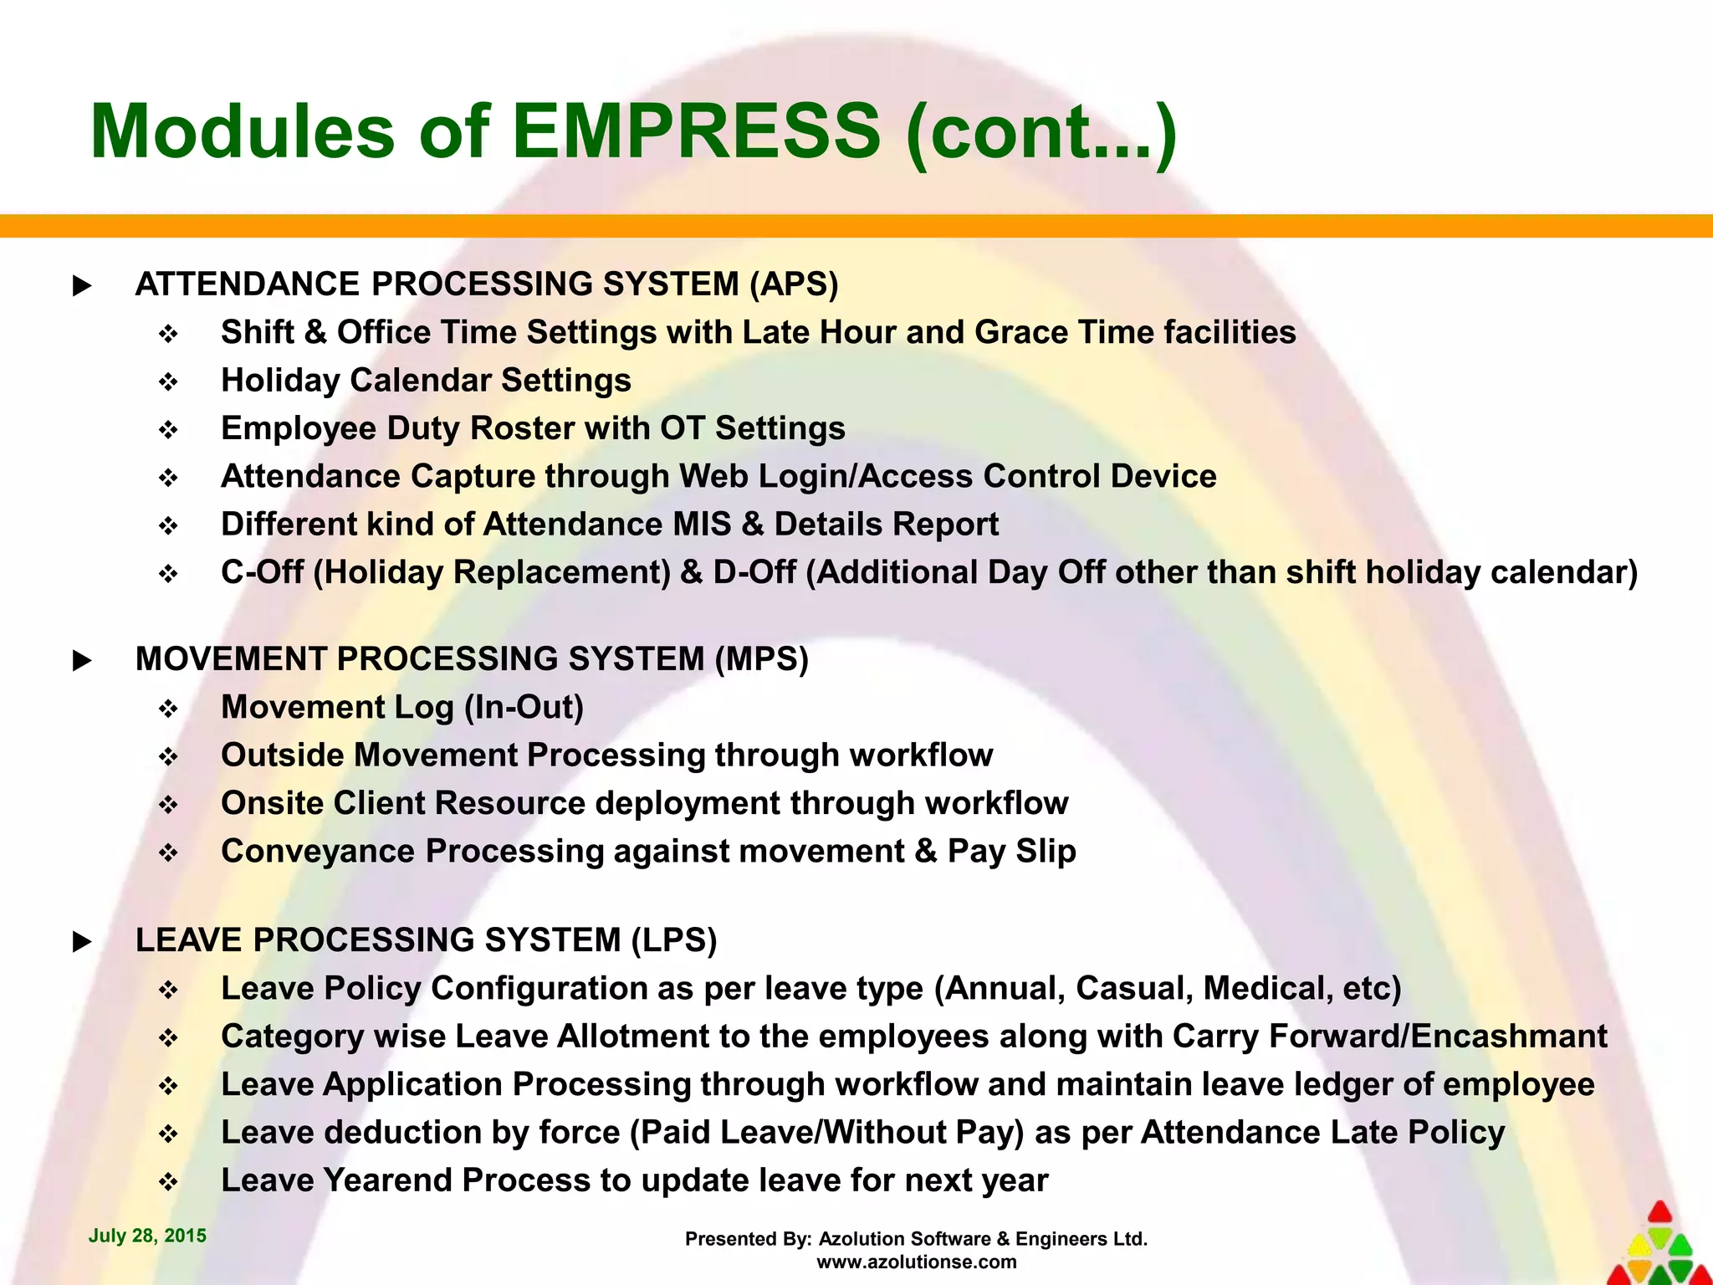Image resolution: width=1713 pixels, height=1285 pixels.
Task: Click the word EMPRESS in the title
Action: point(696,131)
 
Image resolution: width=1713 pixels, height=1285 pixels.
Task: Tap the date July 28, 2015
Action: point(147,1236)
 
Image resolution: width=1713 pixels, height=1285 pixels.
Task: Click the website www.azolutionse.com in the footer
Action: point(916,1262)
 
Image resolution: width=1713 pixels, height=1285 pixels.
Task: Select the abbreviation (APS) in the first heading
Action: point(794,284)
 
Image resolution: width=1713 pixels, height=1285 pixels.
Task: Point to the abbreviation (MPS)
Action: point(761,659)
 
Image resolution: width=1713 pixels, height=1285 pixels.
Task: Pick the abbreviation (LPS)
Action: point(674,940)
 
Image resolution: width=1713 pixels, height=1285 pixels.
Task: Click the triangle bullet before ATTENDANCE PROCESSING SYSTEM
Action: point(82,286)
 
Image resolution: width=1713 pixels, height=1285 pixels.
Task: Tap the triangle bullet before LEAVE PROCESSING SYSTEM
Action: point(82,942)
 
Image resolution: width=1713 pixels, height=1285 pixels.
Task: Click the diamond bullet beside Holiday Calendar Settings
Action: point(168,382)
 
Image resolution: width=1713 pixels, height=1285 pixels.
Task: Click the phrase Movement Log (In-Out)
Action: point(401,708)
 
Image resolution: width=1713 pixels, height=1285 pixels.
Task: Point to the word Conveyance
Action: point(318,852)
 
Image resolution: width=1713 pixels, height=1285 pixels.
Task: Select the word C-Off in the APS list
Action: point(262,572)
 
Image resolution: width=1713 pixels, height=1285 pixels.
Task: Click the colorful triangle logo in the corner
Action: point(1659,1247)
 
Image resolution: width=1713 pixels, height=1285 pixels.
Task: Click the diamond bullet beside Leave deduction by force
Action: point(168,1134)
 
